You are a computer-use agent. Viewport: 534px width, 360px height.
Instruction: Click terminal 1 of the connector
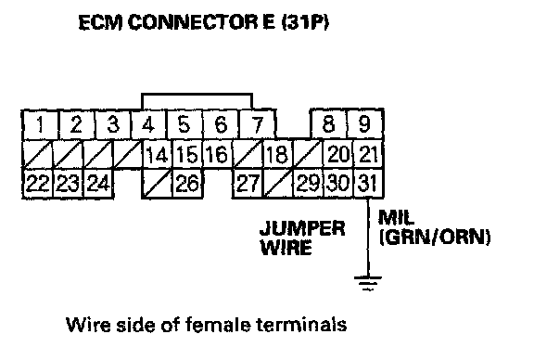tap(41, 124)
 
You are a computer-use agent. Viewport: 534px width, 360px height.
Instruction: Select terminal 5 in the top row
tap(184, 124)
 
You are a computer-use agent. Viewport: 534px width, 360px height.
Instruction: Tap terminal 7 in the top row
tap(258, 124)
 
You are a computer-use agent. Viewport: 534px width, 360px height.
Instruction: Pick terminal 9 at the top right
tap(365, 123)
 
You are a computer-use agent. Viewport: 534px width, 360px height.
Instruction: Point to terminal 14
tap(157, 154)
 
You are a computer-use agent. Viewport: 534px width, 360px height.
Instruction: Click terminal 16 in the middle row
tap(217, 154)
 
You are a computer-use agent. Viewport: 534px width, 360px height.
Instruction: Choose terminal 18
tap(277, 154)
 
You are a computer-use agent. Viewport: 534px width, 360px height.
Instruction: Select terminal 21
tap(369, 154)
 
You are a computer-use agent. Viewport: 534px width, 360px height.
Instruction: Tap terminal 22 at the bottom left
tap(37, 183)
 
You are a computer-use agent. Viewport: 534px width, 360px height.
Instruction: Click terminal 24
tap(98, 183)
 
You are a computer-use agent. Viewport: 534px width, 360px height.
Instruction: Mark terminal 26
tap(187, 183)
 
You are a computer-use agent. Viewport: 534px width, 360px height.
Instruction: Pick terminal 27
tap(248, 183)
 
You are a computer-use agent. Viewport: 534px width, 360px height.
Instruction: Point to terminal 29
tap(308, 183)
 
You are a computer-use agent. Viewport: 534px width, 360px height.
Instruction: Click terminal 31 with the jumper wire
tap(369, 183)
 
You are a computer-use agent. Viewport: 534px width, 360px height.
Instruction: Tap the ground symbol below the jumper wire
tap(368, 283)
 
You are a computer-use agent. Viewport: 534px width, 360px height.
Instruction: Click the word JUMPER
tap(302, 228)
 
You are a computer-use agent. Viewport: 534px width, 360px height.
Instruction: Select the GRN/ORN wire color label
tap(435, 237)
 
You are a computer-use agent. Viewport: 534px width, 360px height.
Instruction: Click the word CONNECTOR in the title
tap(193, 22)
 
